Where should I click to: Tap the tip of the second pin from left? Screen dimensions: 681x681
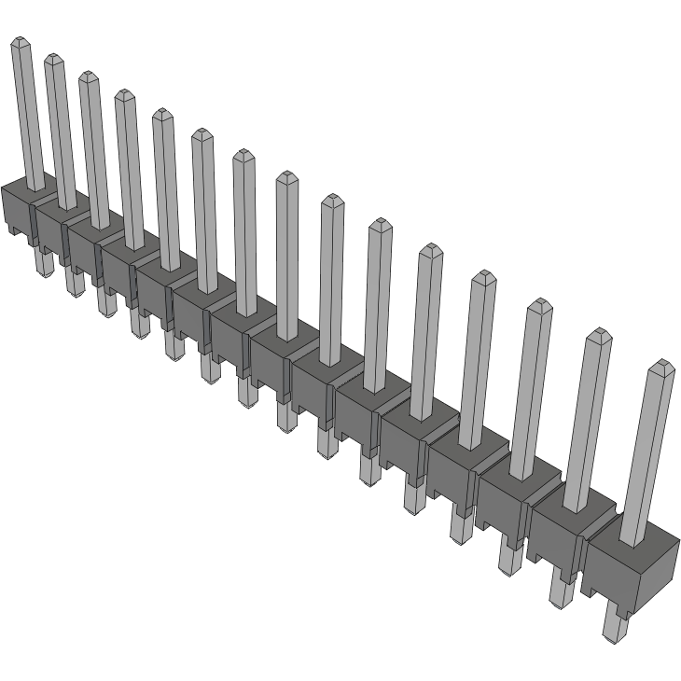point(53,61)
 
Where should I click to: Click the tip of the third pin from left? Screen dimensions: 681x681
point(88,77)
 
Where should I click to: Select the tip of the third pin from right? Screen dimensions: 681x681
point(539,305)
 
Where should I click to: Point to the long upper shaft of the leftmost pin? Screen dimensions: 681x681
point(27,112)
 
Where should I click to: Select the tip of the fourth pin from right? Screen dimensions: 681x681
point(483,277)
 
